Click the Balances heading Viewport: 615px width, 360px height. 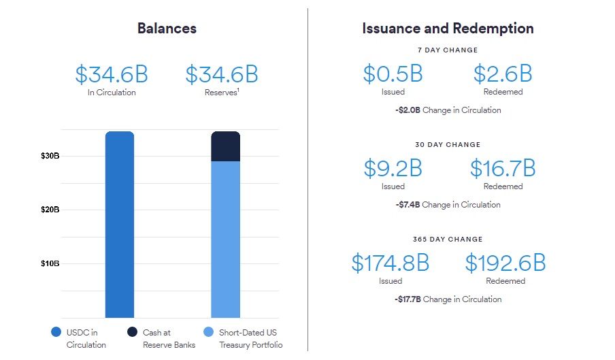click(167, 29)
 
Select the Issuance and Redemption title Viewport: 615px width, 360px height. click(448, 29)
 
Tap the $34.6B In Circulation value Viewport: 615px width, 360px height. click(112, 74)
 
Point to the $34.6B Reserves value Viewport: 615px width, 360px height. click(222, 74)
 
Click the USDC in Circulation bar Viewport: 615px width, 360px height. click(120, 225)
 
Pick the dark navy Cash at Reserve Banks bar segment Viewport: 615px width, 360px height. click(225, 146)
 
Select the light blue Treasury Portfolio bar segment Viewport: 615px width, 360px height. click(225, 238)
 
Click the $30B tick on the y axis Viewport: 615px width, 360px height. click(50, 156)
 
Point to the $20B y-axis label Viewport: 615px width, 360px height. click(50, 210)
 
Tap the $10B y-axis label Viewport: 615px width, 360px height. click(50, 263)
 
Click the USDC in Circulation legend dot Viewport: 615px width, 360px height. click(56, 333)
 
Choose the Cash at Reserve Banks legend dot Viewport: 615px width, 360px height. click(132, 333)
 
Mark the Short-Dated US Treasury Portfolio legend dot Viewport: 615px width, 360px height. click(208, 333)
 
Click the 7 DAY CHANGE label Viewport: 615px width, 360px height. click(448, 50)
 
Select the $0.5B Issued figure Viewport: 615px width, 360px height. click(393, 73)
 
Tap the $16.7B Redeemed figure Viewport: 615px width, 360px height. click(503, 168)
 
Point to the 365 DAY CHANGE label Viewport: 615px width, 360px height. click(448, 239)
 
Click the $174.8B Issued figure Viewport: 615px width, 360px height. click(390, 263)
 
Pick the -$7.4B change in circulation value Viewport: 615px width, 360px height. click(407, 204)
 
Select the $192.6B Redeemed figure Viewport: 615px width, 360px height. click(505, 263)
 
